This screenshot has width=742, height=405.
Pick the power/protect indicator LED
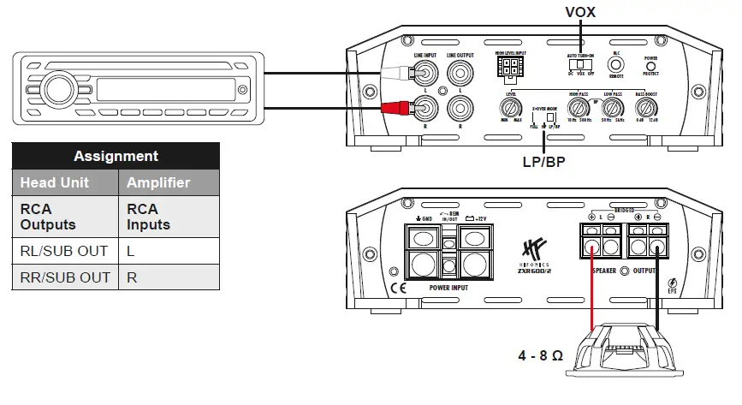pos(651,66)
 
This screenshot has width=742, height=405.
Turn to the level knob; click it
pos(512,108)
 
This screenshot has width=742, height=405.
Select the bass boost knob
pos(646,108)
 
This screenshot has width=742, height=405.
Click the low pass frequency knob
pos(611,108)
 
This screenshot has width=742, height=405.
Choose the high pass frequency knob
pos(579,108)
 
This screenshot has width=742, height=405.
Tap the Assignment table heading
pos(116,156)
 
